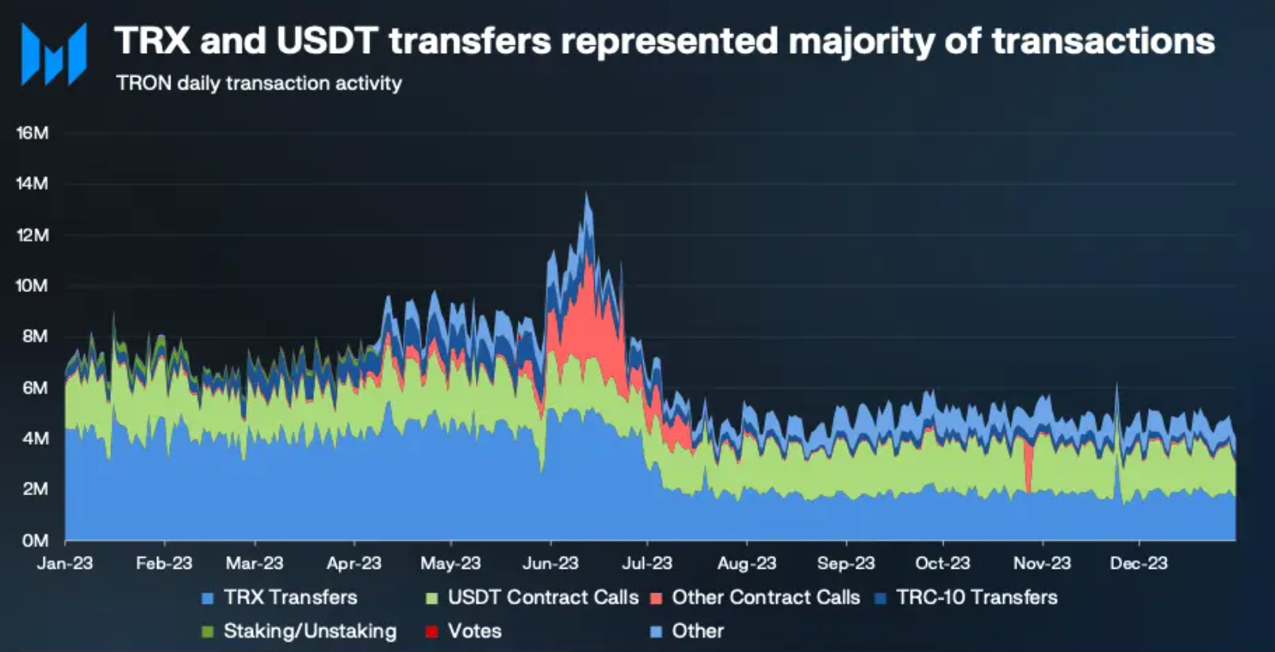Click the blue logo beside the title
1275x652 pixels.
tap(54, 54)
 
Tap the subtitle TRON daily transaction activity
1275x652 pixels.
tap(258, 83)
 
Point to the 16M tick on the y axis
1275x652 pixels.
tap(33, 132)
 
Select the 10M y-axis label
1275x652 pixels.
tap(33, 286)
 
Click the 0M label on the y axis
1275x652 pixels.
tap(35, 540)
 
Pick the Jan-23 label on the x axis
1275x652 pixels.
tap(65, 563)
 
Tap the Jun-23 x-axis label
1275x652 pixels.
tap(550, 563)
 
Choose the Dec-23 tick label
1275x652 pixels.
tap(1139, 563)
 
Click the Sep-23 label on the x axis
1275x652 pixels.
tap(846, 563)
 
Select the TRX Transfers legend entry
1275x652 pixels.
tap(289, 597)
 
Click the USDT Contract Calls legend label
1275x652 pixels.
tap(542, 597)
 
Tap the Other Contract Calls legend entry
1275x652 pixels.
tap(765, 597)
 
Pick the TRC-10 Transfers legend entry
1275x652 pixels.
tap(976, 597)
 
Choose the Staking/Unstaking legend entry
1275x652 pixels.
tap(309, 631)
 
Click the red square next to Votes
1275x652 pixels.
tap(432, 632)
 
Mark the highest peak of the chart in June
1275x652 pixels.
tap(587, 194)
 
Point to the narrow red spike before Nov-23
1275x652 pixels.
tap(1028, 468)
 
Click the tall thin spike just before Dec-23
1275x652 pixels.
tap(1117, 389)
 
